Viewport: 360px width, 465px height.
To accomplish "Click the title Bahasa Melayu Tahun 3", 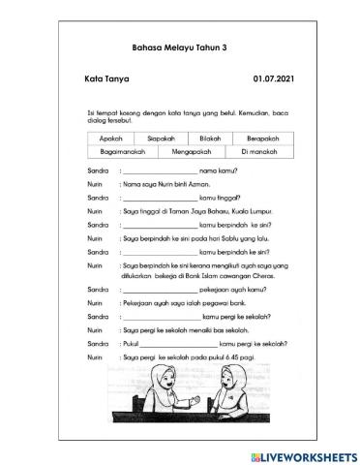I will (x=179, y=46).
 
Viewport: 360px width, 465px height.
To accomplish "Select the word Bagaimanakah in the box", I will (x=127, y=153).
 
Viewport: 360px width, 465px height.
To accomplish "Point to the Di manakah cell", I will (x=257, y=153).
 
